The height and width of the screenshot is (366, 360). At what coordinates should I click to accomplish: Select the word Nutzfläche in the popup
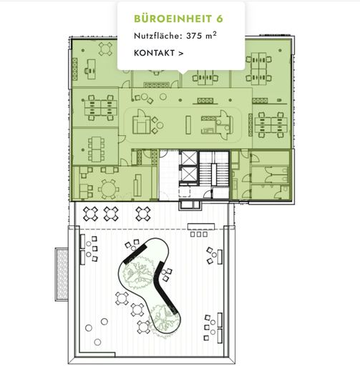(153, 35)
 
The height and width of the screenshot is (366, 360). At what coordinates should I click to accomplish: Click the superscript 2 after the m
(215, 32)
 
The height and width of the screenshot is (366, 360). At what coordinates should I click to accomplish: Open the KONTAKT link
(154, 52)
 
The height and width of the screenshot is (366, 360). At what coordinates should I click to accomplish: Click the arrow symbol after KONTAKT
(180, 52)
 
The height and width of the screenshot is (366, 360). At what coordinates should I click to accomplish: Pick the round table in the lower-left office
(109, 187)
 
